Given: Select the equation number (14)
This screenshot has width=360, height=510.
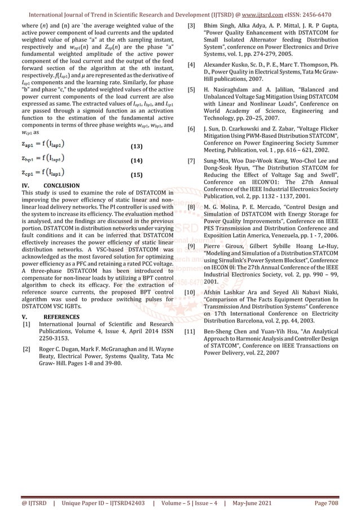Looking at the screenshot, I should click(136, 161).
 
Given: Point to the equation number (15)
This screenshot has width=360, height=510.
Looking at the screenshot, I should click(136, 176).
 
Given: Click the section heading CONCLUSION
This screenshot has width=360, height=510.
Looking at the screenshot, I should click(62, 185).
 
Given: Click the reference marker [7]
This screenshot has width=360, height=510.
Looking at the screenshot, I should click(192, 162).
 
